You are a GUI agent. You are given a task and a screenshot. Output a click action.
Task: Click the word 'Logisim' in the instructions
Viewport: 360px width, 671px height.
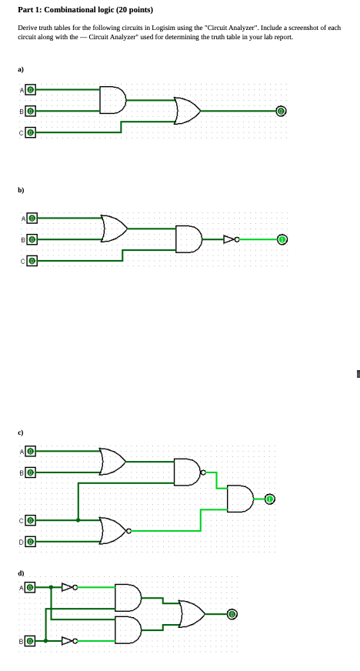(x=164, y=27)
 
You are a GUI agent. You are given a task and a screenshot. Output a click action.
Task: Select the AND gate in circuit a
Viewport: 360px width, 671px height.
(x=111, y=99)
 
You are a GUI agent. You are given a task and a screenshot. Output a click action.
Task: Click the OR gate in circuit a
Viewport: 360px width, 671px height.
(x=187, y=111)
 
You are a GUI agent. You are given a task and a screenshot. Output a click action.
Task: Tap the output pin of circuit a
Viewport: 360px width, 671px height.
(x=282, y=111)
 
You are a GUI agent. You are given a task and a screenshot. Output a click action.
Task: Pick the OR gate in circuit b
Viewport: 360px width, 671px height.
(x=115, y=227)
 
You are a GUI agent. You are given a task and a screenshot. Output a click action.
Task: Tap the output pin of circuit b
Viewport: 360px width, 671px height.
(x=282, y=239)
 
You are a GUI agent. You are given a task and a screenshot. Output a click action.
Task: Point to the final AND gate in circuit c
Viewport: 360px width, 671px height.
(x=239, y=499)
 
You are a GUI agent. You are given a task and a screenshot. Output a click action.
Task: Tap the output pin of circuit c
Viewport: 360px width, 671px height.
(x=269, y=499)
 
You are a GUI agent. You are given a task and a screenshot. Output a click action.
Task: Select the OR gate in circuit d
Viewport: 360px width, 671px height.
(x=191, y=613)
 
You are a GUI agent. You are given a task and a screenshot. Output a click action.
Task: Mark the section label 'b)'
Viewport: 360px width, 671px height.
(x=22, y=189)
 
